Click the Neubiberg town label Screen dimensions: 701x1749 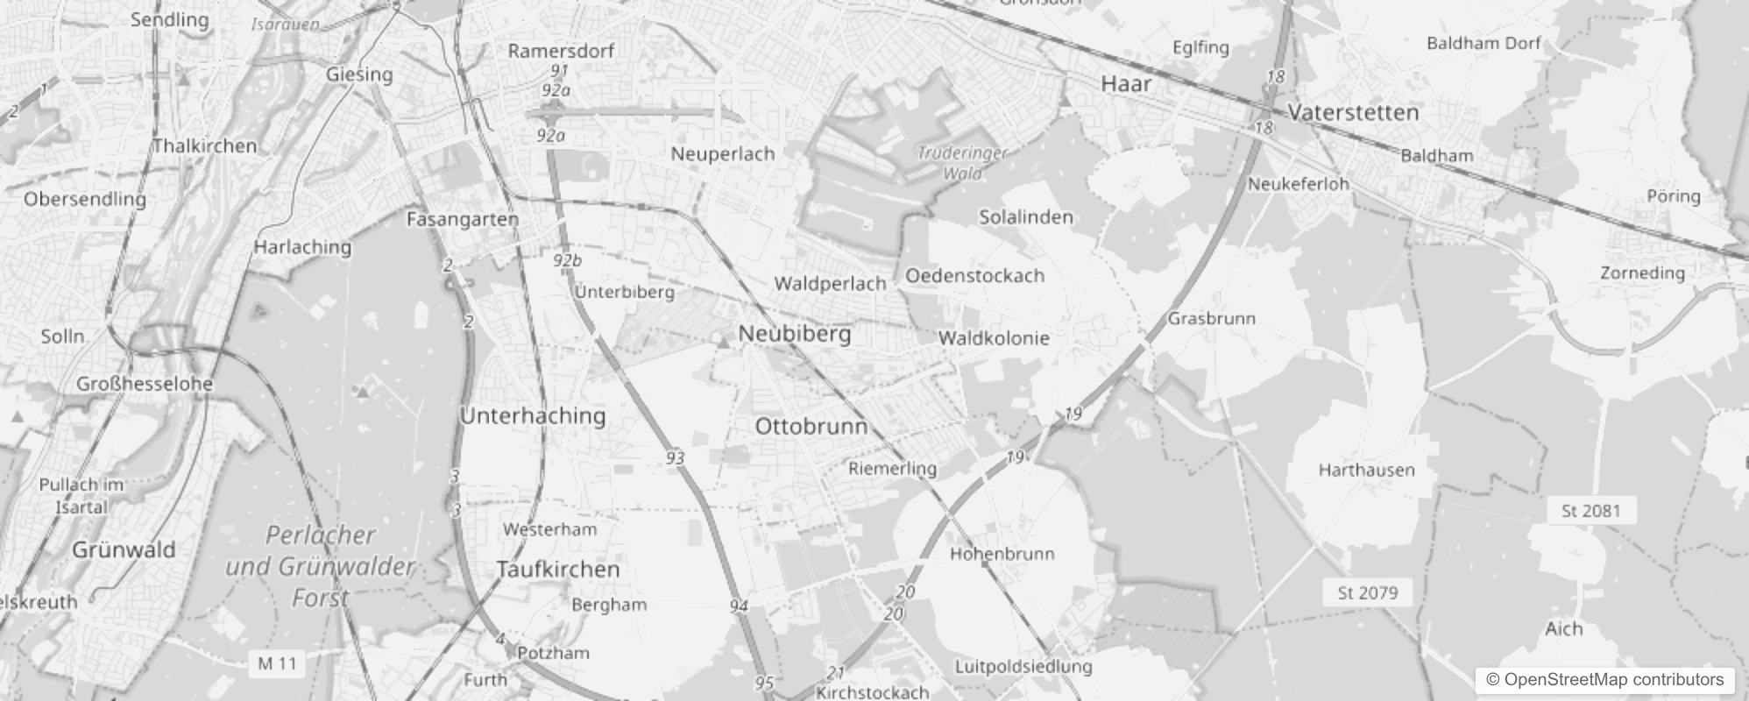pos(795,334)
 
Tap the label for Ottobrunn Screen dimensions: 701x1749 pos(811,427)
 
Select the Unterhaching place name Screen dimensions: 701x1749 pos(533,415)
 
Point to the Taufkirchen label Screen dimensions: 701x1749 pos(558,570)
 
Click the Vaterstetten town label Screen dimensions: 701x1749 pos(1354,112)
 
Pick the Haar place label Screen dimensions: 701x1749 pos(1126,84)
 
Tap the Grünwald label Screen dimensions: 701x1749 pos(124,550)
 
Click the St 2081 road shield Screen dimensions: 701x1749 pos(1591,510)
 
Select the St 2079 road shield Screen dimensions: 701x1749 pos(1368,592)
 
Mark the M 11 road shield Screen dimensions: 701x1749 pos(277,663)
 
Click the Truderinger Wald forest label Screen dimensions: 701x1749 pos(962,163)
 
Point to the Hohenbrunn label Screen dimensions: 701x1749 pos(1002,554)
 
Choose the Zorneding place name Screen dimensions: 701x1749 pos(1642,273)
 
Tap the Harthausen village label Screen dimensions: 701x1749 pos(1366,470)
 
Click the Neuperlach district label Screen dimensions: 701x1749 pos(723,154)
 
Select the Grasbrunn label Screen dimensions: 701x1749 pos(1212,318)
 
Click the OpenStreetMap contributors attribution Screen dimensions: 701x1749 pos(1604,680)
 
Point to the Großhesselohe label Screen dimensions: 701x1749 pos(145,383)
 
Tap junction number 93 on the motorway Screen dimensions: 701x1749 pos(675,458)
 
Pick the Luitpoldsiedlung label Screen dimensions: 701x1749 pos(1023,666)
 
